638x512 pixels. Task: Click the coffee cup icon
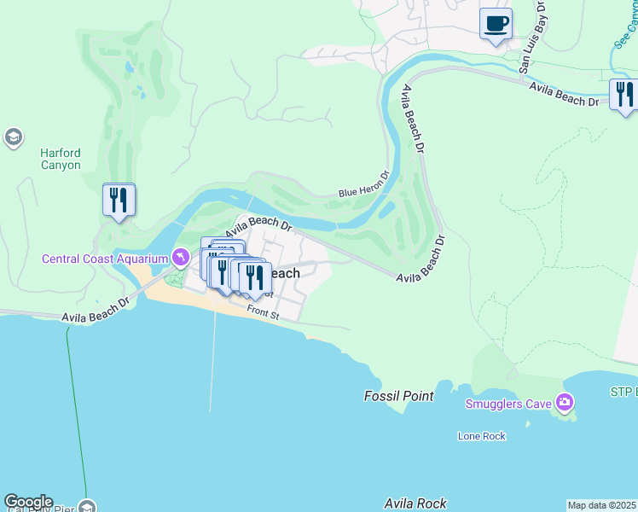[496, 23]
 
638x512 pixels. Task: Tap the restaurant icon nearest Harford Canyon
[119, 201]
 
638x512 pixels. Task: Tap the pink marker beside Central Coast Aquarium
[181, 257]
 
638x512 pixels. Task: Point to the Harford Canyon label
[61, 160]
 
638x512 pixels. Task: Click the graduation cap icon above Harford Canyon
[13, 137]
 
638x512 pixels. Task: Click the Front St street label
[263, 314]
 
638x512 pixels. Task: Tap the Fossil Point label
[398, 396]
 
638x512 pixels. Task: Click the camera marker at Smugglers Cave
[564, 402]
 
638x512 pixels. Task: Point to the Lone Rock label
[481, 436]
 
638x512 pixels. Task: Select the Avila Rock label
[415, 503]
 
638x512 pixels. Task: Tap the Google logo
[28, 502]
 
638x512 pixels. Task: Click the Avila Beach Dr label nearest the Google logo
[96, 310]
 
